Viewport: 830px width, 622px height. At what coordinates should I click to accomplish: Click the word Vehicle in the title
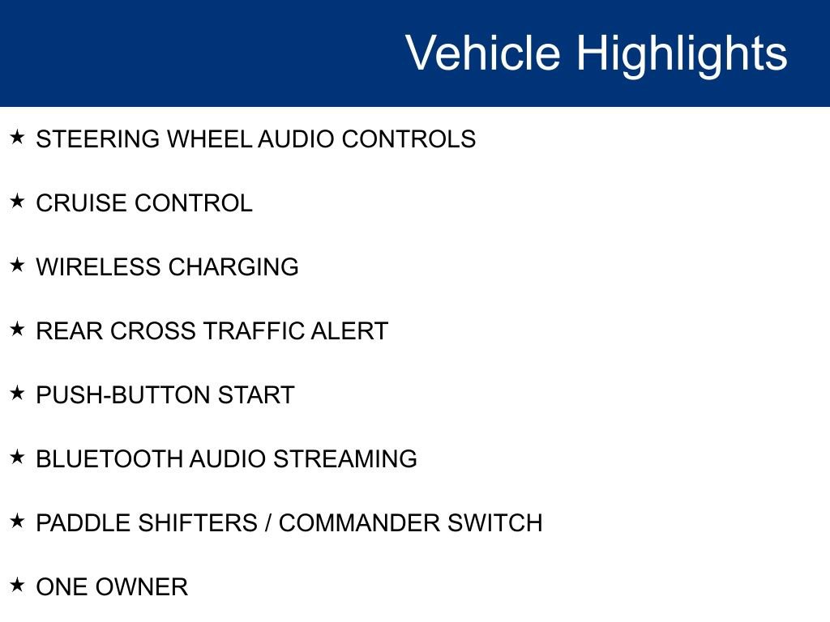[483, 53]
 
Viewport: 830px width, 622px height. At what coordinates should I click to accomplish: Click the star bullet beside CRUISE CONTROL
[17, 201]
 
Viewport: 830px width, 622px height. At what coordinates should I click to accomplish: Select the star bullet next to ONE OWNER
[17, 585]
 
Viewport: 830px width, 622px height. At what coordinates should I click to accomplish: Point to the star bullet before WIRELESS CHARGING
[17, 265]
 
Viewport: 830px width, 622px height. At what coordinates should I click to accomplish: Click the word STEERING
[98, 139]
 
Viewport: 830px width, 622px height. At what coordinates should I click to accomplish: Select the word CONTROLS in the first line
[409, 139]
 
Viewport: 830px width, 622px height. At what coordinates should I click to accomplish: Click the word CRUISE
[82, 203]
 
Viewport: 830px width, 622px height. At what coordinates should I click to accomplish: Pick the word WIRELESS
[98, 267]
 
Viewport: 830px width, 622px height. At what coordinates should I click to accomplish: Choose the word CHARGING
[233, 267]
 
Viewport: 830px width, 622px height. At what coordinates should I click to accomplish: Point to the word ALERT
[349, 331]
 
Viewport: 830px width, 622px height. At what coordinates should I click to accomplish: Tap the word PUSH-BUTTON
[123, 395]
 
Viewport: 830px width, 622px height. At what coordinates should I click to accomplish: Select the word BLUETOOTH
[109, 459]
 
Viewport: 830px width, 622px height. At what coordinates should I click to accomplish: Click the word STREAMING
[345, 459]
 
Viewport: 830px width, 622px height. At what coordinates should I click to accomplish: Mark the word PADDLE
[83, 523]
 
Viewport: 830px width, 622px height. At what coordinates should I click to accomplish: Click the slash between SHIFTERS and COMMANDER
[268, 523]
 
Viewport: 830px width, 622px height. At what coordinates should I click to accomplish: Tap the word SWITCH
[495, 523]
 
